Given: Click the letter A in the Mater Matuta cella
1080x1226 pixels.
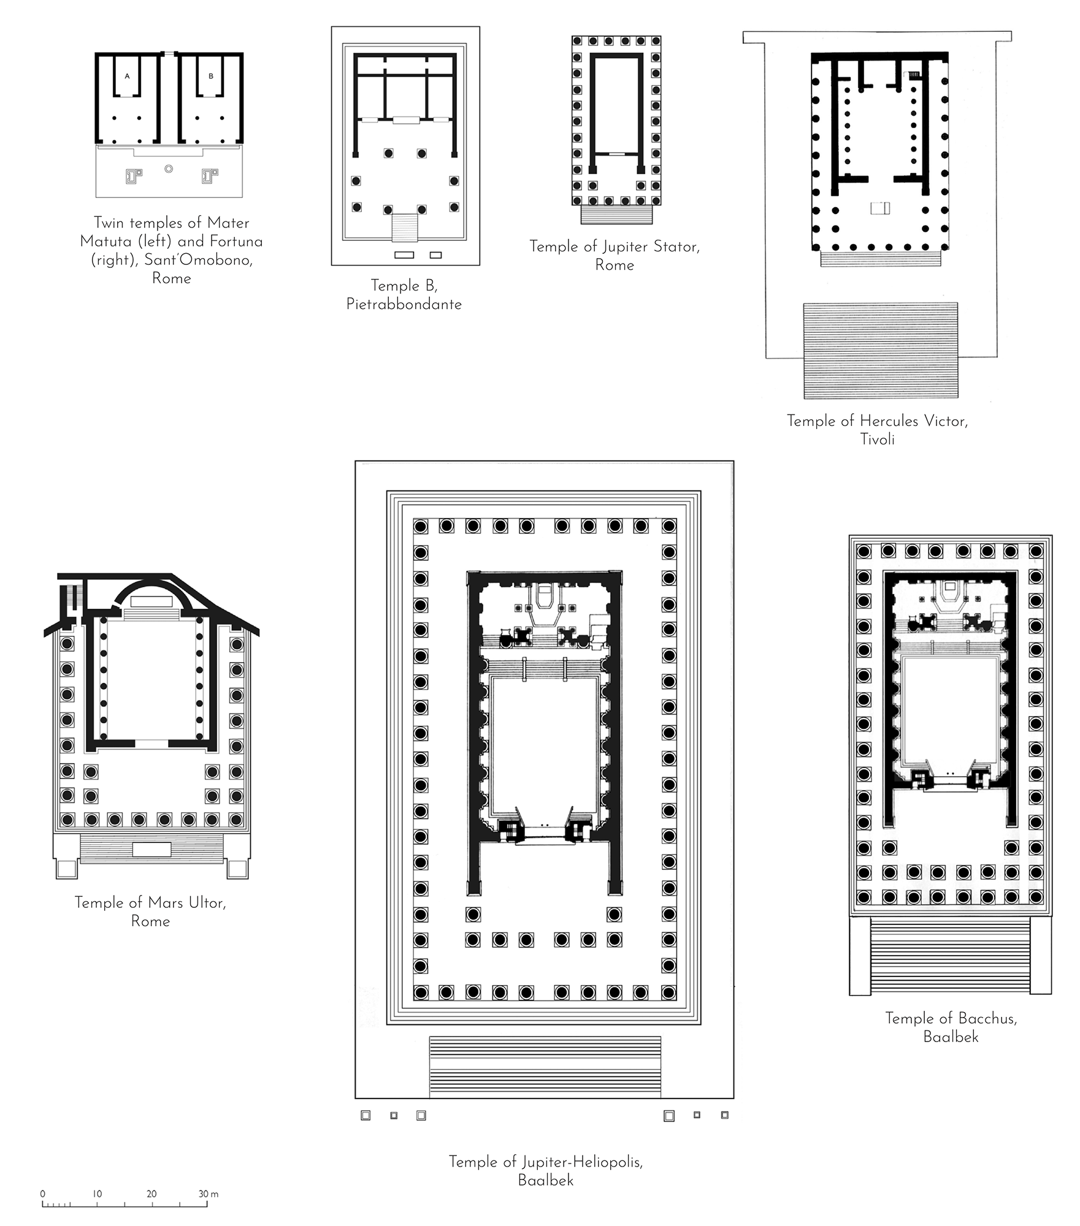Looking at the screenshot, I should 127,77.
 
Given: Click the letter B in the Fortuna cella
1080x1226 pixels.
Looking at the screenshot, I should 211,77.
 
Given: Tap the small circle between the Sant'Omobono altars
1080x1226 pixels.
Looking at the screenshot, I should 169,169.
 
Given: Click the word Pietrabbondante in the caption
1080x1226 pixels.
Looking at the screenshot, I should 404,305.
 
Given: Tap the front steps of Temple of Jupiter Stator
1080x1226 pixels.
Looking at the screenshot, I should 616,215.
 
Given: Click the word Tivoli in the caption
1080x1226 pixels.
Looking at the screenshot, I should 877,440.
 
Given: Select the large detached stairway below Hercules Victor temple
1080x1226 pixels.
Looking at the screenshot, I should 881,350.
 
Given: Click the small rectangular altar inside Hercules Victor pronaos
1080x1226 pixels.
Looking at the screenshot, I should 879,208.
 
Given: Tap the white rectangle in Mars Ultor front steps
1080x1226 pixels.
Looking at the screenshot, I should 151,850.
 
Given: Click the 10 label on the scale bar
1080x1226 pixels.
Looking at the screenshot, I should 97,1194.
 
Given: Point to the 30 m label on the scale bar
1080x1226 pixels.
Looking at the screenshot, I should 209,1194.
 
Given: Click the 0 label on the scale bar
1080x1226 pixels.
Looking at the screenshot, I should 42,1194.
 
